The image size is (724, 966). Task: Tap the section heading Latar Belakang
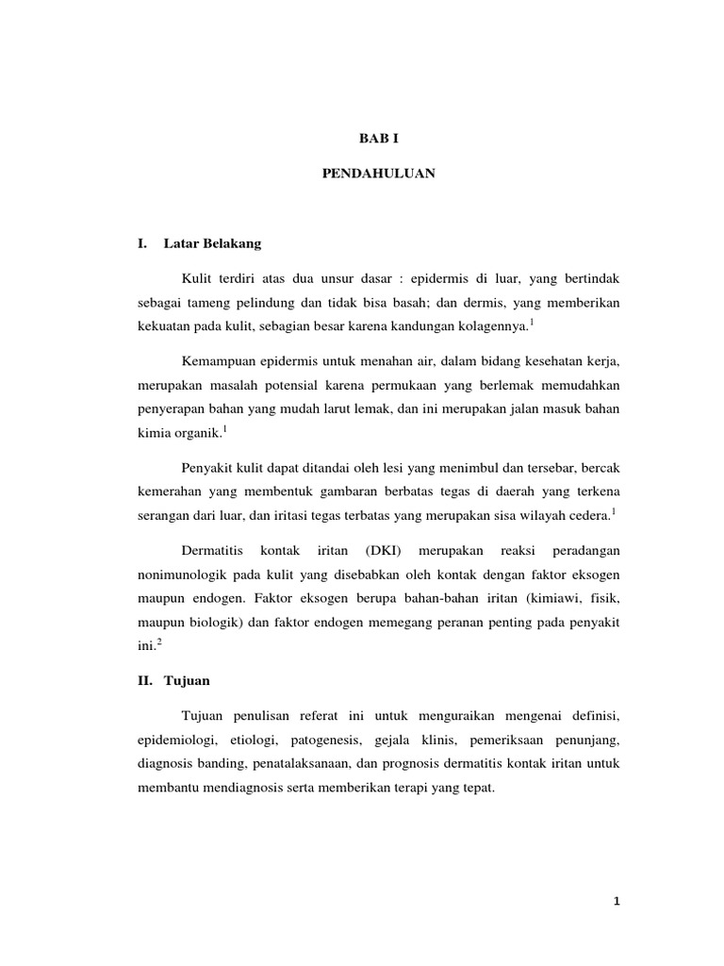(x=212, y=243)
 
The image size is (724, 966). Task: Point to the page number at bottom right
(x=617, y=902)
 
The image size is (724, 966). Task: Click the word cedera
(x=591, y=515)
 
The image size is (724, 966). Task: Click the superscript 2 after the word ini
(x=160, y=641)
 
